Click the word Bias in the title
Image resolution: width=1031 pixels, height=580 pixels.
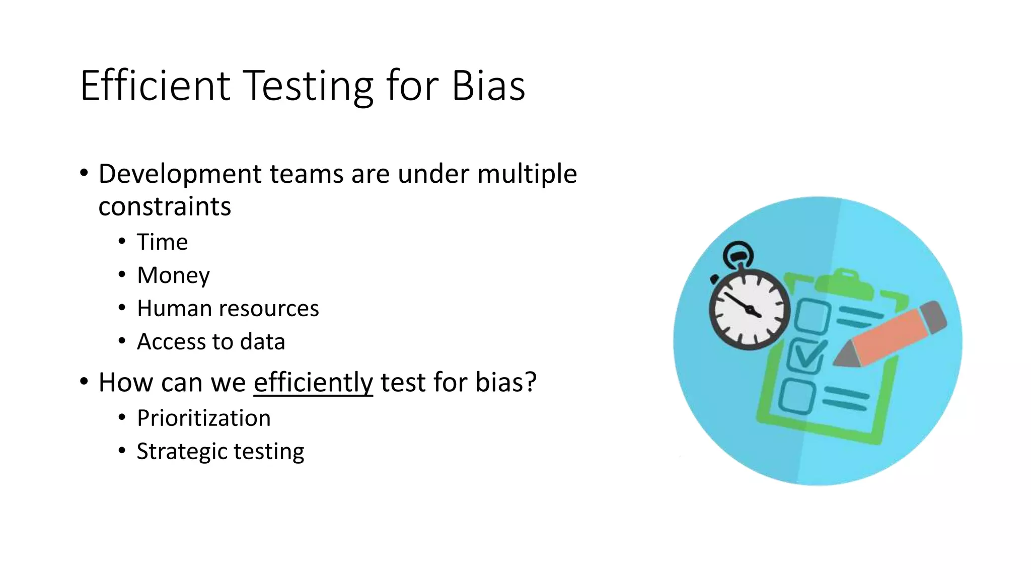click(x=488, y=86)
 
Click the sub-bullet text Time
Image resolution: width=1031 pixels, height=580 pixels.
click(x=162, y=242)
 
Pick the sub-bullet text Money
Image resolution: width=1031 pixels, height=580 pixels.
click(x=173, y=275)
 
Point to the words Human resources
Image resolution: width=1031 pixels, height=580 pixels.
click(x=228, y=309)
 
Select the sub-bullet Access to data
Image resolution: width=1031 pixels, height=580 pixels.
click(x=211, y=342)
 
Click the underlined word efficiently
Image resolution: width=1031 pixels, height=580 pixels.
click(x=313, y=382)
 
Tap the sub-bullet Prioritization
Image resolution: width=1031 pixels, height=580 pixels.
click(x=203, y=418)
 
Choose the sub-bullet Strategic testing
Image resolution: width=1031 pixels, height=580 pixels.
click(x=220, y=452)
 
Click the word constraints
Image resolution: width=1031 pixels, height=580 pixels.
click(x=165, y=206)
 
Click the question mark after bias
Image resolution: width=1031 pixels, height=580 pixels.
click(x=531, y=382)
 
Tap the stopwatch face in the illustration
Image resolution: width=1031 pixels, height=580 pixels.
click(x=749, y=310)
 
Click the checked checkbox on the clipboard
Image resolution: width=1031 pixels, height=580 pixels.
click(x=805, y=356)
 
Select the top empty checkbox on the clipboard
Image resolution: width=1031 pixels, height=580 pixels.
click(x=812, y=316)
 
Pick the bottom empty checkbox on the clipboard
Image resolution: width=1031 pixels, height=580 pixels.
click(x=797, y=396)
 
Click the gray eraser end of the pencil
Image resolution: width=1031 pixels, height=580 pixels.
click(x=934, y=317)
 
